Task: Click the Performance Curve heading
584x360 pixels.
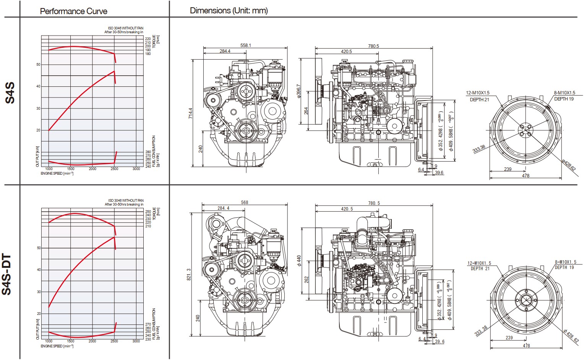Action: [x=73, y=11]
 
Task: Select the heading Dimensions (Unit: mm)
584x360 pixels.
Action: [x=229, y=11]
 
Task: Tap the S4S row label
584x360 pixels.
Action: [x=10, y=92]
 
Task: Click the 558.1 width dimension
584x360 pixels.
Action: [x=245, y=45]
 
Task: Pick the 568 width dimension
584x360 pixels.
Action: [x=245, y=203]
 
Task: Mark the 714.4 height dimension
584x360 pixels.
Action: [x=190, y=113]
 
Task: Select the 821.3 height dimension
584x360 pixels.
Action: [x=189, y=274]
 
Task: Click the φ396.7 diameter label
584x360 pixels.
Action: [x=298, y=91]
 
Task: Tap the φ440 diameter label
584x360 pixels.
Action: [x=299, y=261]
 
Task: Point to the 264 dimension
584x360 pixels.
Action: [x=306, y=111]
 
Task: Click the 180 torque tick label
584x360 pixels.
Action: [x=148, y=54]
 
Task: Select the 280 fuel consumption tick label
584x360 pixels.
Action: [x=148, y=152]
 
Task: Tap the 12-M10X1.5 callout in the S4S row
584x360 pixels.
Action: [x=477, y=93]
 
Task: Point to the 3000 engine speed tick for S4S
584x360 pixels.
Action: [x=136, y=169]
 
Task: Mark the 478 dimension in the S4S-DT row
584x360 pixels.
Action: [x=526, y=345]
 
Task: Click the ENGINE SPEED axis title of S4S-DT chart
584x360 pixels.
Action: [x=57, y=346]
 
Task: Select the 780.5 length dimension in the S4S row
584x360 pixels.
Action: [x=373, y=46]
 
